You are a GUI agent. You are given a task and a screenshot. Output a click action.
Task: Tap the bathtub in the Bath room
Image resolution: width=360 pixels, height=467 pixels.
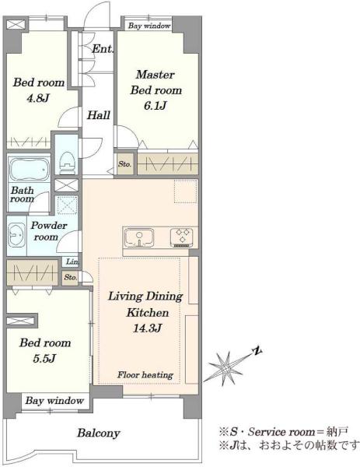tap(29, 169)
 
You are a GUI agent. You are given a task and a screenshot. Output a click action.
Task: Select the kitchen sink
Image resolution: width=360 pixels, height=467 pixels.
tap(139, 237)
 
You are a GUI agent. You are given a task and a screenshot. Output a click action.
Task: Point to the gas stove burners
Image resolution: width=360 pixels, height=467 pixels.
tap(181, 237)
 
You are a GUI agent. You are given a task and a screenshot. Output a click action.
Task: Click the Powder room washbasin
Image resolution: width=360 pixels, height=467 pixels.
tap(16, 235)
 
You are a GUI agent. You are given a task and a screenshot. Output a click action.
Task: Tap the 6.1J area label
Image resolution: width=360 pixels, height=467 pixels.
tap(155, 106)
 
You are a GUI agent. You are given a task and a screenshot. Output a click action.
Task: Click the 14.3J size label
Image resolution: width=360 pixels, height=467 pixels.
tap(147, 328)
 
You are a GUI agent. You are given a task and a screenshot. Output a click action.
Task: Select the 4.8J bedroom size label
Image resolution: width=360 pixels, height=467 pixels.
tap(38, 98)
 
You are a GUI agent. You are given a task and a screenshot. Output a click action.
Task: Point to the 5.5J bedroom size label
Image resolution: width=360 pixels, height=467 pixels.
tap(44, 358)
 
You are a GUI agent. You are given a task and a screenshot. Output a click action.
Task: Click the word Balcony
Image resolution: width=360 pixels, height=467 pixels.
tap(99, 433)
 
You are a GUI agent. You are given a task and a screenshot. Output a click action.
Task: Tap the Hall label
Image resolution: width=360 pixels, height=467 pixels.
tap(99, 115)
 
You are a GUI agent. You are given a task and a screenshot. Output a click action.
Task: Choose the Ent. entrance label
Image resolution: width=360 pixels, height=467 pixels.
tap(103, 49)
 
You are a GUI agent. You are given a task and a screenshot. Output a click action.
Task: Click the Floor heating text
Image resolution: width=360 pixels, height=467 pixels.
tap(145, 374)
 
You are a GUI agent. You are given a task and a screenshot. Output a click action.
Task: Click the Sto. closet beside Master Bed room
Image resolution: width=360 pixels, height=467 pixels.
tap(125, 164)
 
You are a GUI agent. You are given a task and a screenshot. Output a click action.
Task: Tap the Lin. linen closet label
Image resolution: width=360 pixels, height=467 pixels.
tap(72, 262)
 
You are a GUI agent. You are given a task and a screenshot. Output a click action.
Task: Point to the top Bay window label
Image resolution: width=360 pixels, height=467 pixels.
tap(149, 26)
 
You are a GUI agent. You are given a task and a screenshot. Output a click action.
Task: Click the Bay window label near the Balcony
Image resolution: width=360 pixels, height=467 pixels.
tap(54, 401)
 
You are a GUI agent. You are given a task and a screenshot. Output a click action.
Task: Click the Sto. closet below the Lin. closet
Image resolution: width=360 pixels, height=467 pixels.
tap(71, 277)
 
